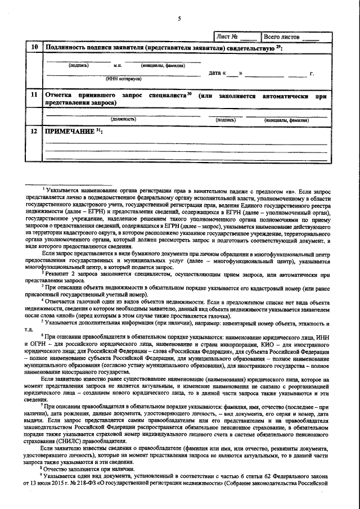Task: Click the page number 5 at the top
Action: click(179, 19)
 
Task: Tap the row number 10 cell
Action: click(34, 48)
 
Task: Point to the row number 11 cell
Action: click(34, 96)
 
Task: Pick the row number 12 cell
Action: click(34, 131)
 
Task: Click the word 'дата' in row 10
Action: click(215, 74)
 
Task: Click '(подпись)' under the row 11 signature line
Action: click(226, 119)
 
